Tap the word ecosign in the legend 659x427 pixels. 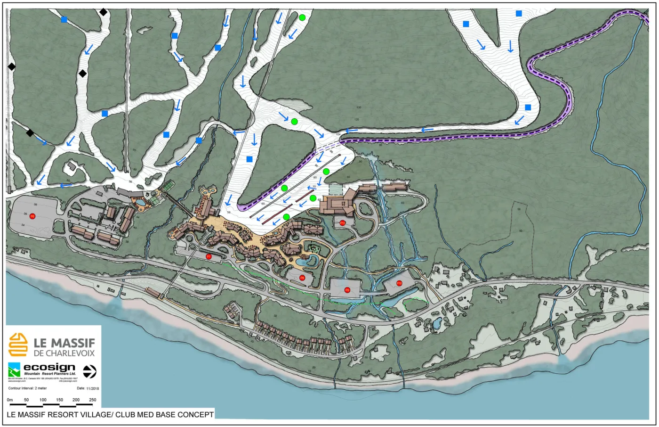click(49, 367)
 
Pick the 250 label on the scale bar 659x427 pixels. click(92, 400)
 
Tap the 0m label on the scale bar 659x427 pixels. click(10, 400)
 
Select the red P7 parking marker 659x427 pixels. click(209, 256)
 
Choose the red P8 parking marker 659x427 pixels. click(302, 278)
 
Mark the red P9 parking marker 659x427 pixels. click(347, 289)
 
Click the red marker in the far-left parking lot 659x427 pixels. click(32, 216)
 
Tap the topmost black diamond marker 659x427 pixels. click(103, 12)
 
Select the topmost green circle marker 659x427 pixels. click(302, 17)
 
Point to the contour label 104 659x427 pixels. click(338, 135)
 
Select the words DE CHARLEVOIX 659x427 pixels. click(64, 353)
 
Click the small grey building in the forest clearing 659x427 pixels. click(72, 166)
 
